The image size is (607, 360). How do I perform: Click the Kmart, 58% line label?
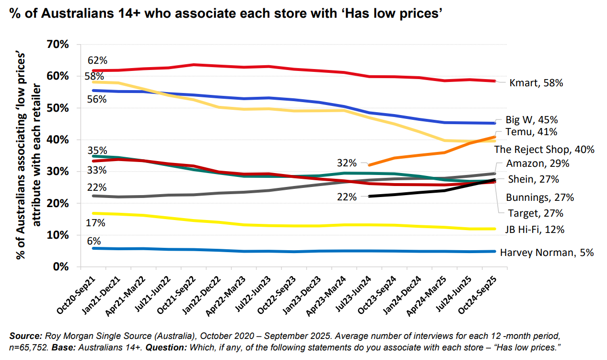pos(536,83)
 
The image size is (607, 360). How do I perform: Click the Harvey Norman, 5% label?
pos(547,253)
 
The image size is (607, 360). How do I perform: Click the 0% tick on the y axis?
pos(60,267)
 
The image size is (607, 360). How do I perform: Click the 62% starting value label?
pos(97,61)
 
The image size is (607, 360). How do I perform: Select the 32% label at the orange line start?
pos(347,163)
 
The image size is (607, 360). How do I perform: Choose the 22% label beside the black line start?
pos(347,197)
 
